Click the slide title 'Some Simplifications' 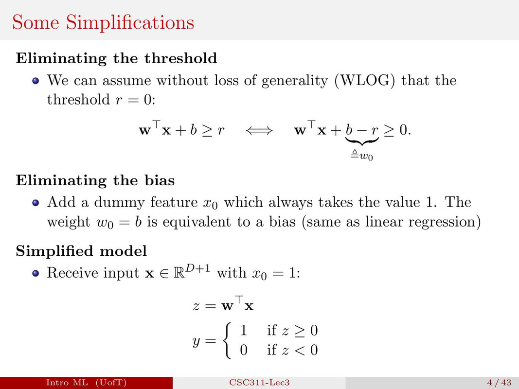click(103, 22)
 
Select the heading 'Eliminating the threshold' click(117, 58)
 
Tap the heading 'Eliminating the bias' click(95, 180)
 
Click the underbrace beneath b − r click(362, 142)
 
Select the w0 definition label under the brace click(362, 156)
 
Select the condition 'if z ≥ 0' click(292, 331)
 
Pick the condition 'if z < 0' click(292, 350)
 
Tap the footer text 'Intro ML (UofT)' click(86, 383)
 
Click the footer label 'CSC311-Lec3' click(259, 383)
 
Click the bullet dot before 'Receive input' click(35, 274)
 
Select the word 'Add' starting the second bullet click(59, 201)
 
